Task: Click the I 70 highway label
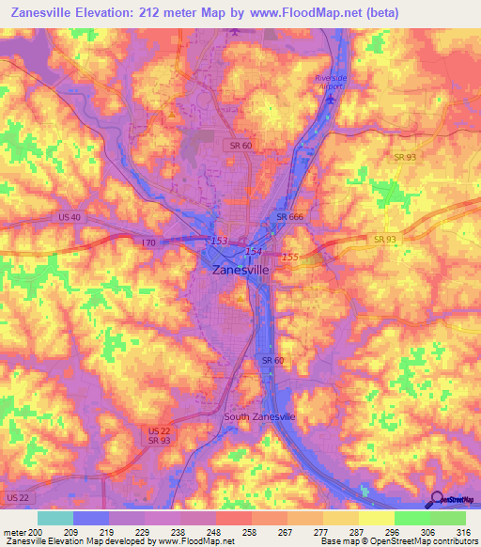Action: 147,242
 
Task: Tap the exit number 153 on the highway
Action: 219,241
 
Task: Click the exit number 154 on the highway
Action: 253,251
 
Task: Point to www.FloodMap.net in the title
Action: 315,13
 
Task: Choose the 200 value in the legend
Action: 36,532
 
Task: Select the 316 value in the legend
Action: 464,532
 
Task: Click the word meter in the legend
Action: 13,532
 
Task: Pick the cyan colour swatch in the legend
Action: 55,518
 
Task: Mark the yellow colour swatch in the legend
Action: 376,518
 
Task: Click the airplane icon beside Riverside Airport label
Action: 328,97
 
